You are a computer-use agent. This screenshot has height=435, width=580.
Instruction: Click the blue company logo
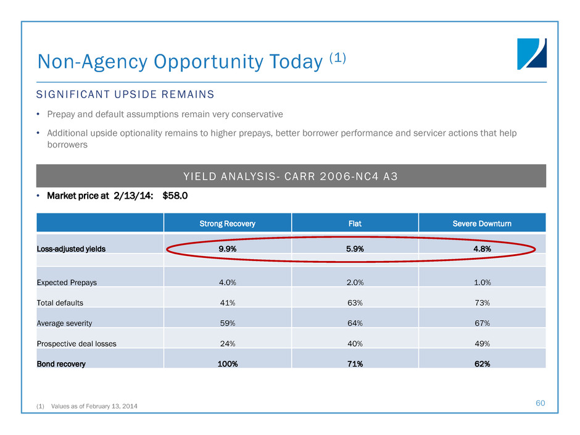tap(532, 54)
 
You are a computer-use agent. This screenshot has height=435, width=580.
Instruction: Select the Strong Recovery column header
tap(227, 223)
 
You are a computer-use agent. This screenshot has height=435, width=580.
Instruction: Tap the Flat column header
tap(354, 223)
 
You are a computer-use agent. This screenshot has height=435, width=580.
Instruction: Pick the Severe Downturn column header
tap(482, 223)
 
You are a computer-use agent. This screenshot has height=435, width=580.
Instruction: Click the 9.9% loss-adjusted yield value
tap(227, 249)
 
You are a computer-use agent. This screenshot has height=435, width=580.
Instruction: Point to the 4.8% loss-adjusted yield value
tap(482, 249)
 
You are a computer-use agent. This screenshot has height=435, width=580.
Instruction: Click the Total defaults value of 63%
tap(354, 302)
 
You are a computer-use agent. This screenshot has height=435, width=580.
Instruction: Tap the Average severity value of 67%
tap(482, 323)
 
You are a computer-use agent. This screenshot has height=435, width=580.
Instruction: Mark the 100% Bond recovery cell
tap(227, 363)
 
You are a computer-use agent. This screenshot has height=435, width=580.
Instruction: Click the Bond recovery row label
tap(61, 363)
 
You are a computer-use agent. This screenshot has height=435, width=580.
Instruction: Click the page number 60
tap(541, 403)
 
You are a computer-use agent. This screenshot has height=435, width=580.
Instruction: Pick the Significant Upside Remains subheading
tap(125, 94)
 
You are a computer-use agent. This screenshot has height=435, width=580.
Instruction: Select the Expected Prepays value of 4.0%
tap(227, 282)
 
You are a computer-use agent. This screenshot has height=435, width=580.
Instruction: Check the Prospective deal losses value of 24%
tap(227, 343)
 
